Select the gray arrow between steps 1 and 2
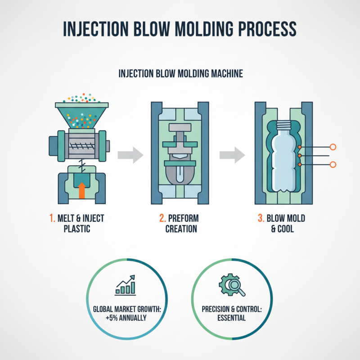[x=130, y=155]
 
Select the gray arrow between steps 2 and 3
[x=232, y=155]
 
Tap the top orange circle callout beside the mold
[x=333, y=147]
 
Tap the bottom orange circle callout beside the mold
[x=333, y=165]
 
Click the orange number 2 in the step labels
[x=162, y=219]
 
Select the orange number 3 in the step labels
[x=260, y=219]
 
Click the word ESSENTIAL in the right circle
[x=231, y=318]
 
